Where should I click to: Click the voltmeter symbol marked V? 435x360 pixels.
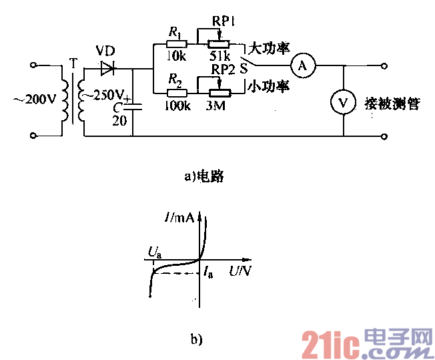342,102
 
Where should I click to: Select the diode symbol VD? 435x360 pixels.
107,67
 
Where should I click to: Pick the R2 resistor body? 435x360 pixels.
175,93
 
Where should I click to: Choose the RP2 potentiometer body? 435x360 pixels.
219,93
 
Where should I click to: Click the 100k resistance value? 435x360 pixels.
175,106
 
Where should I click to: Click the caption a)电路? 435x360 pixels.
202,176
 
